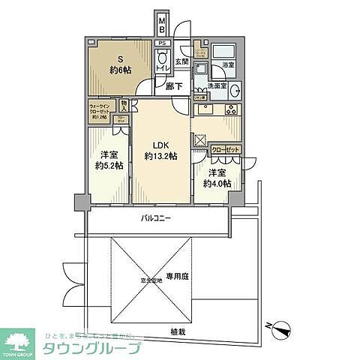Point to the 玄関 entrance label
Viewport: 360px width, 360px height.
[x=181, y=61]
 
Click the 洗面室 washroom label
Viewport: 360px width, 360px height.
[x=217, y=86]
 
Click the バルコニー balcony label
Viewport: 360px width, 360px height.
[x=157, y=220]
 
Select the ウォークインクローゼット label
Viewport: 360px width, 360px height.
[x=101, y=112]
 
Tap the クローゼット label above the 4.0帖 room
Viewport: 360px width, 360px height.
[x=225, y=150]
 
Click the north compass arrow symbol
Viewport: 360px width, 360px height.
[x=280, y=327]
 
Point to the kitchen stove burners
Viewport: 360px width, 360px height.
[x=231, y=109]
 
